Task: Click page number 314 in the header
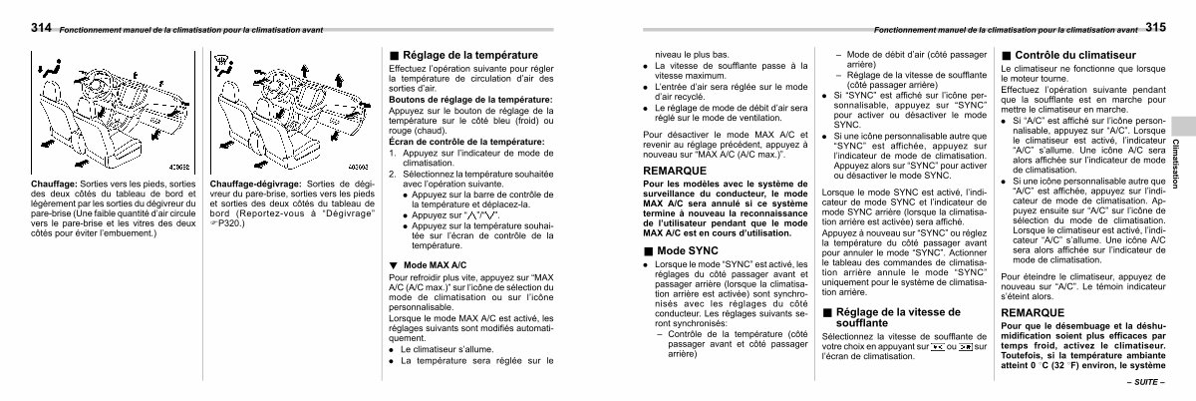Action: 42,29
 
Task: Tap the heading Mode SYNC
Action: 689,249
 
